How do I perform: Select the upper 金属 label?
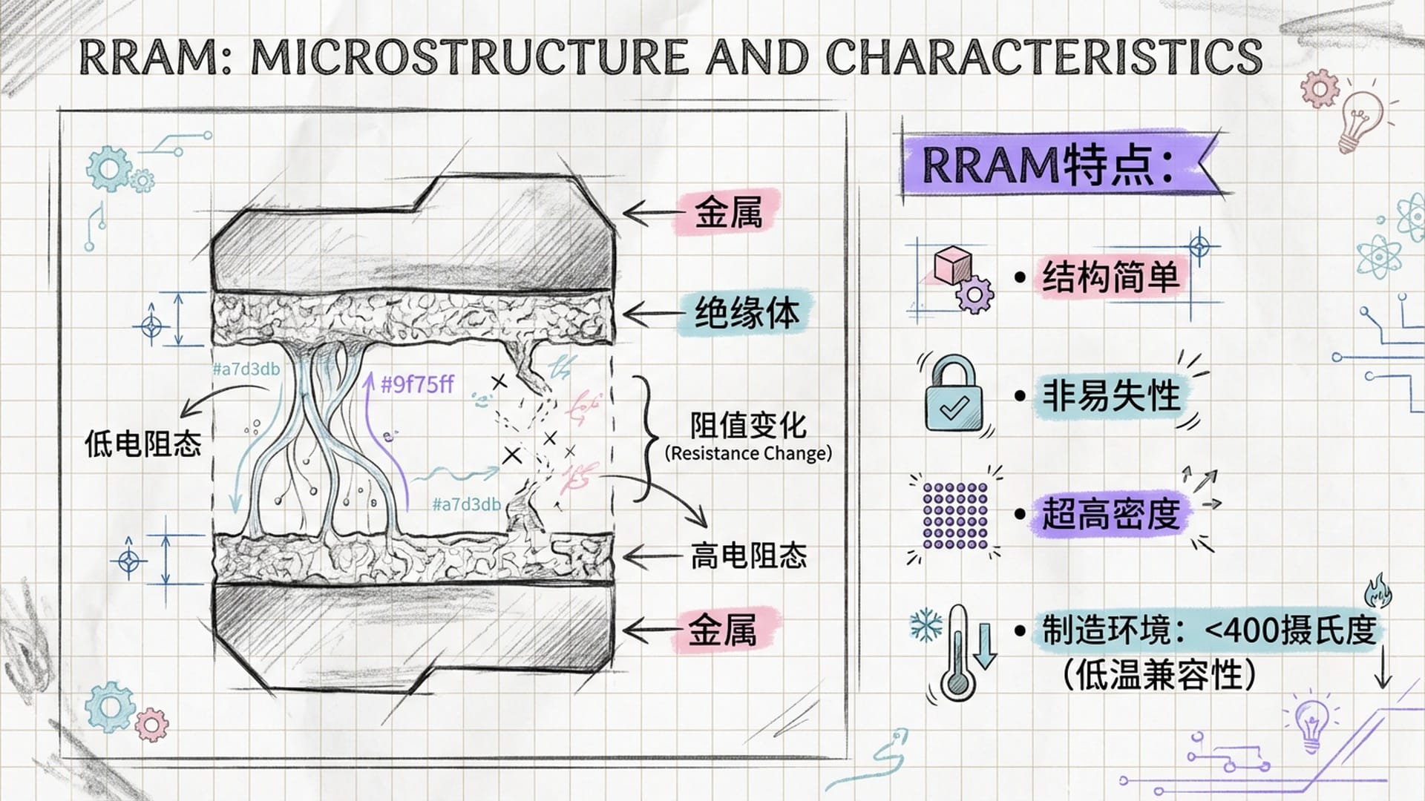(728, 212)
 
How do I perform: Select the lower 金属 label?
(722, 631)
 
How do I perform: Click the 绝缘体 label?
(747, 314)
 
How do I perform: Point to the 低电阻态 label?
(142, 444)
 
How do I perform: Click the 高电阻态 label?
(748, 556)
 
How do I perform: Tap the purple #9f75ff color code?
(417, 384)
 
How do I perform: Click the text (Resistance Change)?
(748, 453)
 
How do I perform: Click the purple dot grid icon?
(954, 516)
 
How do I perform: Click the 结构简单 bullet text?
(1110, 278)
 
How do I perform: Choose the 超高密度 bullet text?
(1110, 514)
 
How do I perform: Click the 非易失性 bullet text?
(1110, 395)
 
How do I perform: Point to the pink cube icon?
(952, 266)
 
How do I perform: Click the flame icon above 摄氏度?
(1377, 591)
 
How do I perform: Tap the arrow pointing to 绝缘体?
(650, 314)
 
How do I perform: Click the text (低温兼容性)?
(1158, 675)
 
